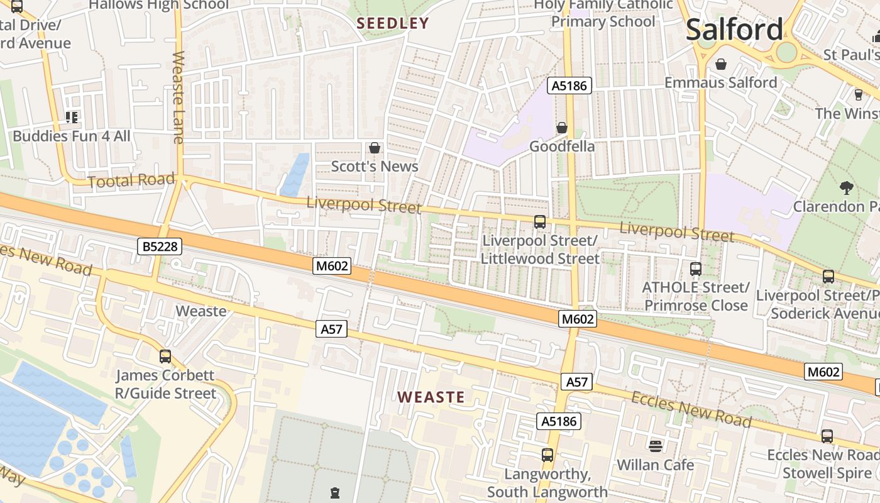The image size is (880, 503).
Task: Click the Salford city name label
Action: (x=734, y=30)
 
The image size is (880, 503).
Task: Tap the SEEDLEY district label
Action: (x=393, y=23)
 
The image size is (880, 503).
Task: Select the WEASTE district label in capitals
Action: (x=431, y=397)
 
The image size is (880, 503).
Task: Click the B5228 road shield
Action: (x=160, y=246)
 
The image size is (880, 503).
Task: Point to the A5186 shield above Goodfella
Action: (x=569, y=86)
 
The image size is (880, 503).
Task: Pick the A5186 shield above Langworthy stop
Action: (x=558, y=421)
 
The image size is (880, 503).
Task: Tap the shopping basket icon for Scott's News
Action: (x=375, y=148)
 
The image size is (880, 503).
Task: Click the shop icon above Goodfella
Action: (x=561, y=128)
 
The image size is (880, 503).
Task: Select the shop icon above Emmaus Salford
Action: (x=721, y=64)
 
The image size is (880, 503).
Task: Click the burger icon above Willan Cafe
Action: (x=656, y=446)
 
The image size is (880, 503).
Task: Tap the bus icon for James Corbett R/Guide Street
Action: (x=165, y=357)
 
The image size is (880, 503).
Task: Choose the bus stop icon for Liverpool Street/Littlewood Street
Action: (x=539, y=221)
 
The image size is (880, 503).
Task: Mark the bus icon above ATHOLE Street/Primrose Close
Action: (x=695, y=268)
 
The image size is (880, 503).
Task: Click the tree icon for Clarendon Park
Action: (x=846, y=187)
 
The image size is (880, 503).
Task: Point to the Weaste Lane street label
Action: (x=178, y=97)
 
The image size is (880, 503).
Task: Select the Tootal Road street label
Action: (x=131, y=181)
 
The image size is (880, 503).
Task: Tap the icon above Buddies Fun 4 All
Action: (x=72, y=117)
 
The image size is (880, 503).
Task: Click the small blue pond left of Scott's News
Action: (x=295, y=174)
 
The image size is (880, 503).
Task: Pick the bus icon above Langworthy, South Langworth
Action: (x=547, y=455)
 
